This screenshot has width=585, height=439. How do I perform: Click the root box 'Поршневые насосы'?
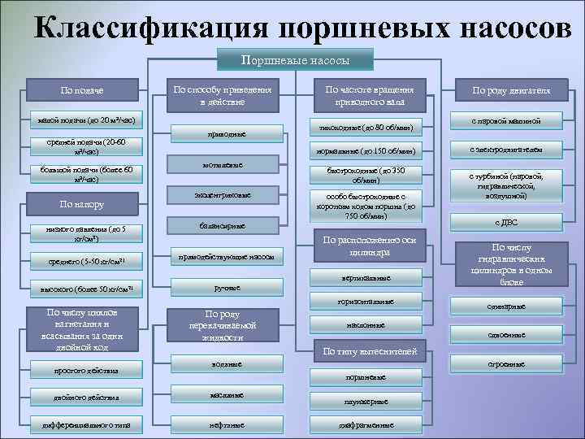pos(296,59)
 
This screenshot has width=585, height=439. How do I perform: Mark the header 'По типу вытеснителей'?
pos(370,351)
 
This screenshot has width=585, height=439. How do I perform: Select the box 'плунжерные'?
pos(370,401)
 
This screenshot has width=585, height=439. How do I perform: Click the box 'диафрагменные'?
pos(369,424)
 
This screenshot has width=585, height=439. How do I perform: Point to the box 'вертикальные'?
pos(370,278)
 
